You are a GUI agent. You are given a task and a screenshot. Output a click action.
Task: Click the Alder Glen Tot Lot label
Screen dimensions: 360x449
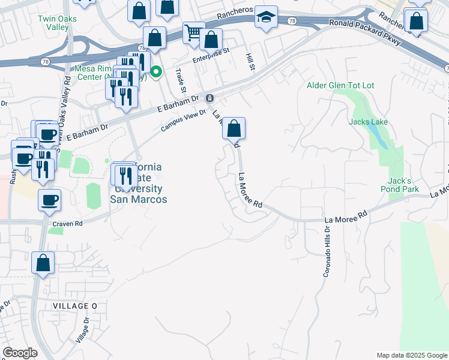tap(340, 86)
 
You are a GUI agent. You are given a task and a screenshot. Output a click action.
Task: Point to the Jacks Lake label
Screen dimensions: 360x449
tap(369, 122)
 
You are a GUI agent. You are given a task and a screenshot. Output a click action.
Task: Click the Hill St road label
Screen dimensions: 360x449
tap(250, 61)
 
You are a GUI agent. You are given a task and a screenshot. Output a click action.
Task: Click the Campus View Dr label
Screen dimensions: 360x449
tap(183, 121)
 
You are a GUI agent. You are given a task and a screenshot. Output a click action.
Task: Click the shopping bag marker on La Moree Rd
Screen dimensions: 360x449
tap(234, 128)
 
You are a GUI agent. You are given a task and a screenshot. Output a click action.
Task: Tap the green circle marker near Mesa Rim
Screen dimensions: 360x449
tap(156, 73)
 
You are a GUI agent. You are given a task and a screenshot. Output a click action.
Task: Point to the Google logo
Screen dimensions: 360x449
tap(20, 353)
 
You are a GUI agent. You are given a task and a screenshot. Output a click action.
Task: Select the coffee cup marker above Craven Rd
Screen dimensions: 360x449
tap(49, 200)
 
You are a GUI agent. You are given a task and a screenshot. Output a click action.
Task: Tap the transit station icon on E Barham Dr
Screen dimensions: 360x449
tap(209, 98)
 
